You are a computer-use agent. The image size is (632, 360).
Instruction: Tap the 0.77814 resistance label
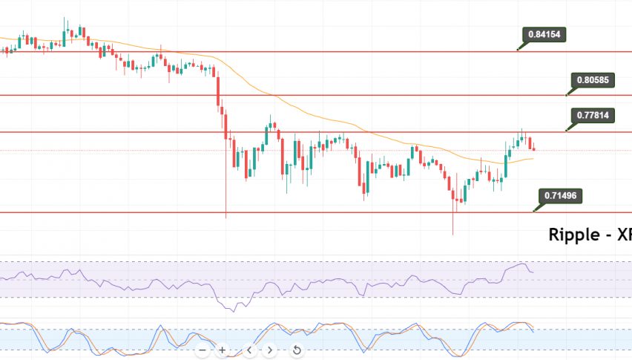pyautogui.click(x=593, y=115)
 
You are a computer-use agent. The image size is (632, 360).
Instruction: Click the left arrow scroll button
pyautogui.click(x=250, y=350)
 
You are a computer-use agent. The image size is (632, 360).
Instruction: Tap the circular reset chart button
pyautogui.click(x=296, y=350)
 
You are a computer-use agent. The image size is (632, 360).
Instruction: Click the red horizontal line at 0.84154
pyautogui.click(x=297, y=52)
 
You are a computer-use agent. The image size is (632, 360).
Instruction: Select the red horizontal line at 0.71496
pyautogui.click(x=297, y=212)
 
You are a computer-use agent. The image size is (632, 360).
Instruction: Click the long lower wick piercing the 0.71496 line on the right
pyautogui.click(x=452, y=223)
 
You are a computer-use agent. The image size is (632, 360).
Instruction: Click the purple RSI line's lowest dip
pyautogui.click(x=232, y=311)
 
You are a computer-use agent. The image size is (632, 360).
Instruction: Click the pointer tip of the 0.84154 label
pyautogui.click(x=517, y=50)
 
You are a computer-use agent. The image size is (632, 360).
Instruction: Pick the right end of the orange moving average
pyautogui.click(x=533, y=158)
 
